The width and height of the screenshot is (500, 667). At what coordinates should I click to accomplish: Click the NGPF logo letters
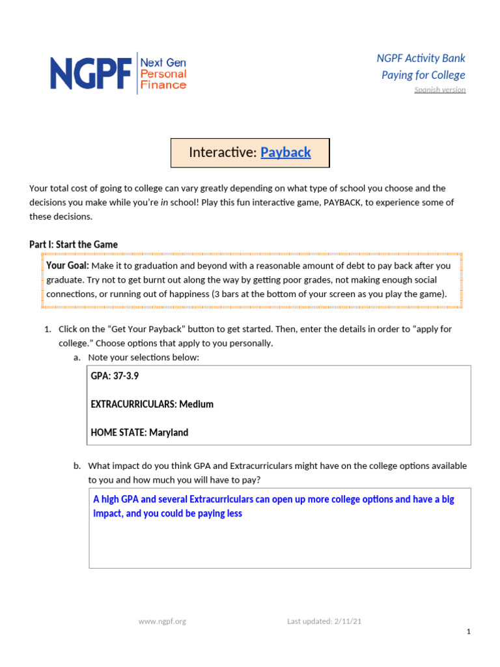[91, 72]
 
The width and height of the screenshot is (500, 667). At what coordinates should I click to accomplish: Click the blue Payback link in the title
[285, 152]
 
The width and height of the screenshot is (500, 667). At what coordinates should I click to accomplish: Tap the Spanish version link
[439, 90]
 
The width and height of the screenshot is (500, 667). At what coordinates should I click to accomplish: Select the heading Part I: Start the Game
[74, 244]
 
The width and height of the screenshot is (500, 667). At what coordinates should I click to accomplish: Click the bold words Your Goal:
[68, 266]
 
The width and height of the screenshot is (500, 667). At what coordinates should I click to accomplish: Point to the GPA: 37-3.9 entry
[115, 376]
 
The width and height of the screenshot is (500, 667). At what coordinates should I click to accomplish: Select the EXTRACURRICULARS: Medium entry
[152, 404]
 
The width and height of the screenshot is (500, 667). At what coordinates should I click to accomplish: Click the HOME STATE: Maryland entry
[139, 433]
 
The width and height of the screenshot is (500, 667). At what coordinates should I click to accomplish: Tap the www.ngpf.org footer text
[162, 621]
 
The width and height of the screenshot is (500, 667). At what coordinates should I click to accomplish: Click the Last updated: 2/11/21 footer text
[324, 621]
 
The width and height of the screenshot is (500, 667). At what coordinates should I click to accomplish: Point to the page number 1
[469, 632]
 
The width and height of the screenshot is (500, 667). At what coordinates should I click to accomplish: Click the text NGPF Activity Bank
[421, 59]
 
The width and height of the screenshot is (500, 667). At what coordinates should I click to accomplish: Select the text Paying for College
[423, 75]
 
